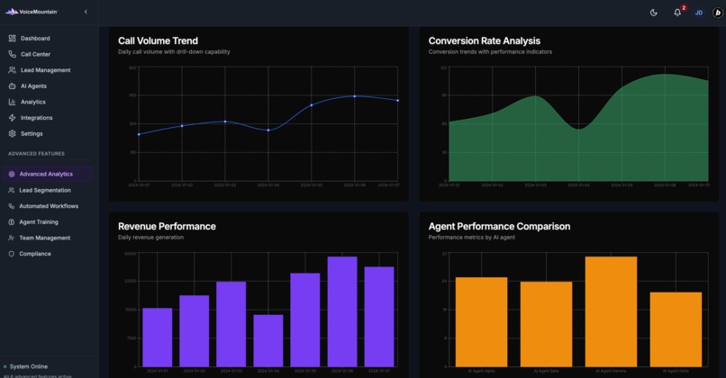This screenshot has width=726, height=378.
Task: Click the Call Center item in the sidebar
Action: (x=35, y=54)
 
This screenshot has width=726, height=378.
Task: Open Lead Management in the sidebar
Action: (x=44, y=70)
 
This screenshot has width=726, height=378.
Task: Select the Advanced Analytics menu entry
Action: (x=46, y=174)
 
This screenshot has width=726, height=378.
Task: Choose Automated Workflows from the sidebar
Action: (x=49, y=206)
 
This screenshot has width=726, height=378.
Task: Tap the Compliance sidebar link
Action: (x=35, y=254)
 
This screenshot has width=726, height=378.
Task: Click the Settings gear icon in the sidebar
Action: (x=12, y=134)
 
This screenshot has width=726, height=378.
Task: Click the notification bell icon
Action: (x=677, y=13)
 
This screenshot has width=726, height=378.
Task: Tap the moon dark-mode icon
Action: (x=654, y=13)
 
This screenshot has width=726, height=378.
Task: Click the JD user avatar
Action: (x=698, y=13)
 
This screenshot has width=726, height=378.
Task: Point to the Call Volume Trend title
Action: (x=158, y=40)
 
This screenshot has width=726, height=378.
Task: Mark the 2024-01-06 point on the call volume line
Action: (x=355, y=96)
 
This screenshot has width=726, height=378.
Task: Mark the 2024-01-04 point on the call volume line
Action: (x=268, y=130)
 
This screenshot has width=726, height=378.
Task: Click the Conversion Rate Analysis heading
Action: (x=484, y=40)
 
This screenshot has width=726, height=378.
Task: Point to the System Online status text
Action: (x=28, y=366)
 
